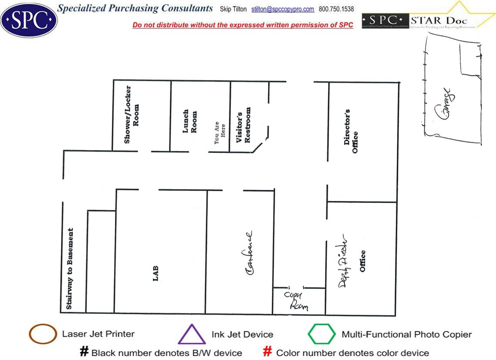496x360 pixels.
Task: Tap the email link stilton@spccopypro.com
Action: (282, 9)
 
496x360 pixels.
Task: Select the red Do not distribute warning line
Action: (243, 25)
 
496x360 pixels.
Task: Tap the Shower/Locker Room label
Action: (132, 114)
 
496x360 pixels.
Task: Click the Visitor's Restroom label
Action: (243, 125)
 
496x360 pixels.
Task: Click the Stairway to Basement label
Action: (70, 269)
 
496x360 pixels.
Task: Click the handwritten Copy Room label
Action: (295, 300)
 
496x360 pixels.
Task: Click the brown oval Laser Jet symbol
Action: (43, 334)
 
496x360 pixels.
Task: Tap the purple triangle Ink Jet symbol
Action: (191, 334)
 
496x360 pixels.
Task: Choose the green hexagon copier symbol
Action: (322, 334)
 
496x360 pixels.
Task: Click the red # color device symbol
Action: (268, 352)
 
